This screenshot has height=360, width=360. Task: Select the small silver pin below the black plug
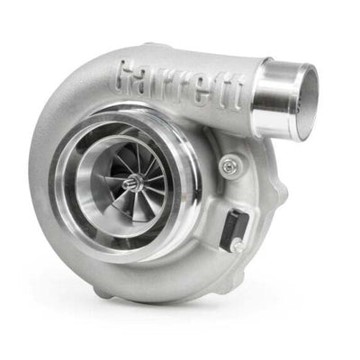236,244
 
